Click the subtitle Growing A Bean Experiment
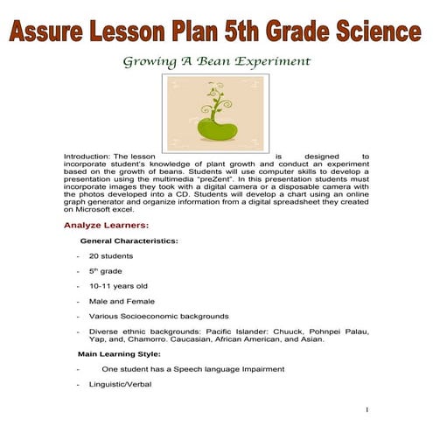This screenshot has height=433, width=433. [x=217, y=62]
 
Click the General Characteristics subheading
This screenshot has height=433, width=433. [x=129, y=240]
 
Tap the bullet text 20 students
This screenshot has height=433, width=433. [x=110, y=255]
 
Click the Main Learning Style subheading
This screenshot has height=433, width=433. [x=119, y=354]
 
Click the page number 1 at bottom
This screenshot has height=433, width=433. [x=367, y=409]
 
